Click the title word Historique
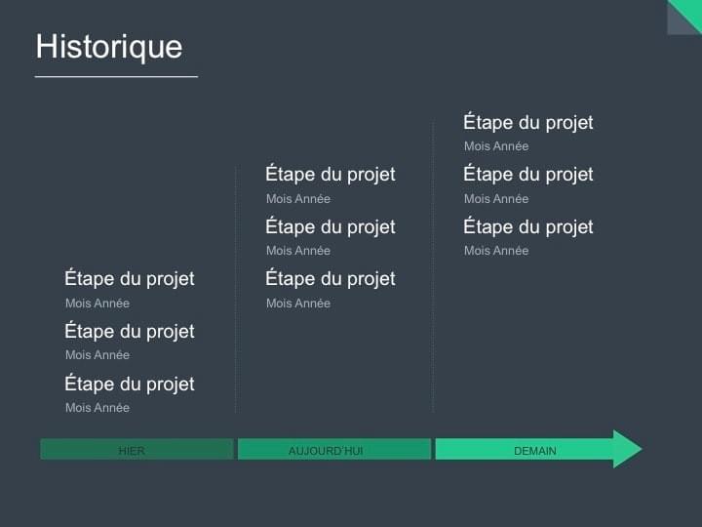coord(108,47)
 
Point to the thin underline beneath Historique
coord(116,76)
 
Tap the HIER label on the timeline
coord(132,451)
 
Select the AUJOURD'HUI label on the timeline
coord(326,451)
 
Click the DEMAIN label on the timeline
coord(535,451)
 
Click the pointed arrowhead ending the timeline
coord(628,449)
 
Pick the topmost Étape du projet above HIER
coord(130,279)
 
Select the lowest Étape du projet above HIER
coord(130,384)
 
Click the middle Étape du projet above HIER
coord(130,332)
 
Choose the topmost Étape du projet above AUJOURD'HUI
coord(331,175)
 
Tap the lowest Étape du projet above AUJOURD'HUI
coord(331,279)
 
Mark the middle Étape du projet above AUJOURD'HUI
coord(331,227)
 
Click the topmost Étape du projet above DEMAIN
coord(528,123)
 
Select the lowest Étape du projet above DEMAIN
coord(528,227)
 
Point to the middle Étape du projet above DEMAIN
coord(528,175)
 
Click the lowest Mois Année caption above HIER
coord(97,408)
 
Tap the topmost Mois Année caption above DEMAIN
coord(496,146)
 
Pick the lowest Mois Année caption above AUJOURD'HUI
coord(298,304)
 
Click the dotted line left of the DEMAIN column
coord(433,293)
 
